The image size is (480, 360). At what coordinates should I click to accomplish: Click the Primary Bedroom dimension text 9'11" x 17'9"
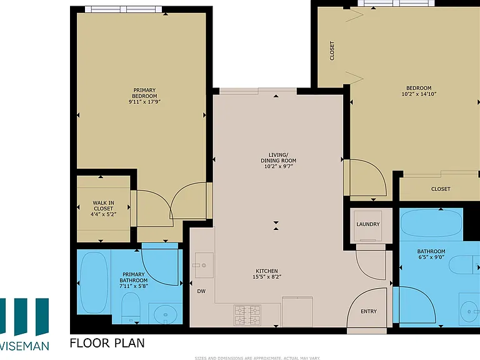coord(144,102)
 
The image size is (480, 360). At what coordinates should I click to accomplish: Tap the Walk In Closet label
coord(104,206)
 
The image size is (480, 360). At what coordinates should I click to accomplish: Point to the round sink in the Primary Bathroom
coord(165,314)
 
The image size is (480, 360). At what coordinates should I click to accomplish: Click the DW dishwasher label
coord(201,291)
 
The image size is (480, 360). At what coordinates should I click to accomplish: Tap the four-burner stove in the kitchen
coord(247,315)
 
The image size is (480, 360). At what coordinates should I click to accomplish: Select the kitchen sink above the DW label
coord(204,265)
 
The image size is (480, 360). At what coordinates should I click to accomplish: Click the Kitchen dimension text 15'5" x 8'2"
coord(267,277)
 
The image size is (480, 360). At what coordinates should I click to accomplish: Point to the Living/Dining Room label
coord(279,157)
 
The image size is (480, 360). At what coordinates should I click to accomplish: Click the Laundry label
coord(368,224)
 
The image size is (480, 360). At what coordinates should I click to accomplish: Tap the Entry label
coord(369,311)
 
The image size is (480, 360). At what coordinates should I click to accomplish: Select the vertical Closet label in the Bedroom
coord(332,51)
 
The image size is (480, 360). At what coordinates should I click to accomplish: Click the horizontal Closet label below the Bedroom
coord(441,189)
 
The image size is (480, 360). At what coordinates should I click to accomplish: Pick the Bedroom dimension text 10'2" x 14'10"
coord(419,94)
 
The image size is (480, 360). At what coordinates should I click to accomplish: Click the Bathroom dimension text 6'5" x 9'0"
coord(431,257)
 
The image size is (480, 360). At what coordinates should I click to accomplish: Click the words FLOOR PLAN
coord(107,343)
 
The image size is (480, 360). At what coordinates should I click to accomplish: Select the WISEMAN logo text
coord(24,346)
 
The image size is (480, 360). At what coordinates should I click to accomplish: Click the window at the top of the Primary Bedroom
coord(123,9)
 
